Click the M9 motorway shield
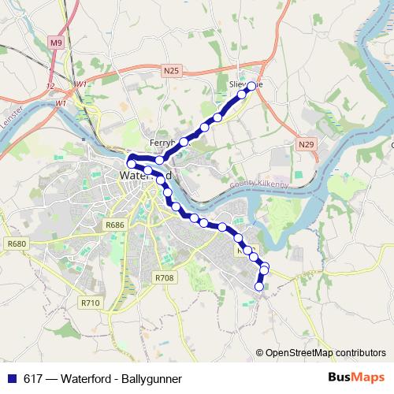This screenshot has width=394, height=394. click(x=54, y=43)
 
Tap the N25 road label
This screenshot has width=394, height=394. click(x=173, y=71)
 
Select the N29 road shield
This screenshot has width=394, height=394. click(x=306, y=145)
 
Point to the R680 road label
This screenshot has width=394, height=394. click(x=16, y=243)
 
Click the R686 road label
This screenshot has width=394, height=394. click(x=115, y=225)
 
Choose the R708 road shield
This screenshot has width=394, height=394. click(x=164, y=278)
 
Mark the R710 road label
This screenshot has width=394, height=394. click(x=91, y=302)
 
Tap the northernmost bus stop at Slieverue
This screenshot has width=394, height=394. click(x=252, y=85)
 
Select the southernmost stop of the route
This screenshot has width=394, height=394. click(x=259, y=287)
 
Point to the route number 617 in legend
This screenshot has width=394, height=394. click(x=33, y=378)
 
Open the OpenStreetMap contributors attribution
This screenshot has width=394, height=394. click(x=325, y=353)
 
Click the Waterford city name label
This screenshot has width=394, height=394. click(x=142, y=175)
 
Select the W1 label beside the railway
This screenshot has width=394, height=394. click(x=81, y=84)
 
